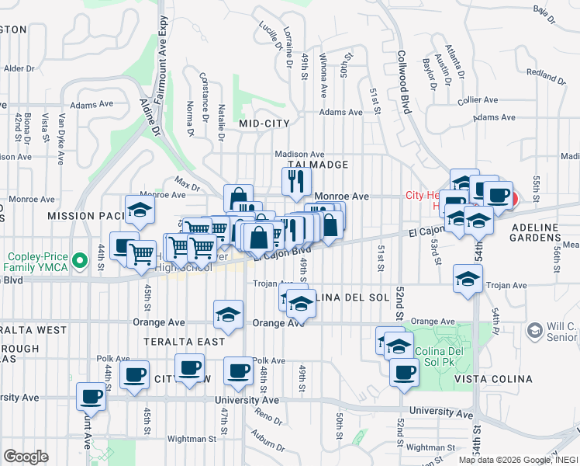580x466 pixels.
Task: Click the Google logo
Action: tap(26, 456)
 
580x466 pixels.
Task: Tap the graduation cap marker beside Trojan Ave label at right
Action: tap(468, 277)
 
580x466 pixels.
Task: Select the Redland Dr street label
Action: tap(547, 75)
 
